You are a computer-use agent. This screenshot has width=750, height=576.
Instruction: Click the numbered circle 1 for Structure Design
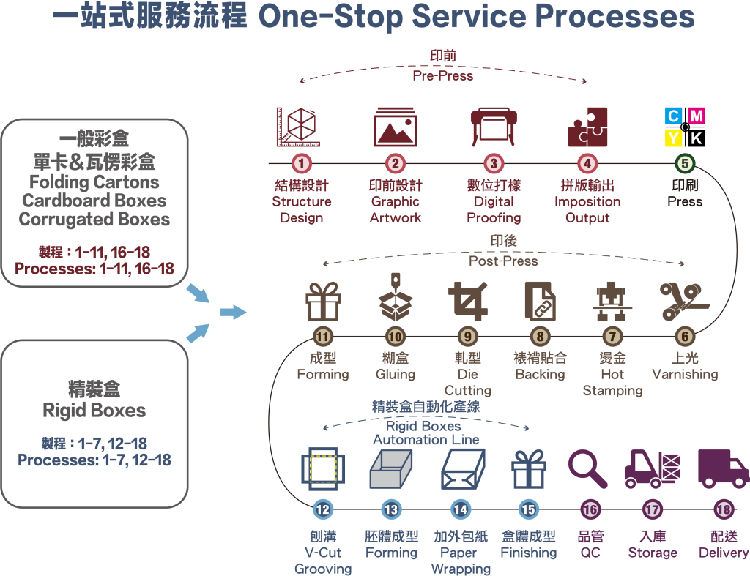click(x=302, y=164)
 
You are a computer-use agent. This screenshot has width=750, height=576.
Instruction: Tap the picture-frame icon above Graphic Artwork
click(x=396, y=127)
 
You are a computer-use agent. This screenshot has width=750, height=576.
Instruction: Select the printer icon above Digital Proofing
click(x=494, y=127)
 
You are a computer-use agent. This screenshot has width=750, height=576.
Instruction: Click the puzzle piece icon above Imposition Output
click(x=587, y=127)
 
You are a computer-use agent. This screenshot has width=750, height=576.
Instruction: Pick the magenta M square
click(x=697, y=116)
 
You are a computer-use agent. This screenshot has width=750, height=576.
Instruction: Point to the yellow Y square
click(x=674, y=138)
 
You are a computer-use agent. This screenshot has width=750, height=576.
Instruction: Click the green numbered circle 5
click(x=685, y=164)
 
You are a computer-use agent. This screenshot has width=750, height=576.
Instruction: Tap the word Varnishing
click(x=685, y=375)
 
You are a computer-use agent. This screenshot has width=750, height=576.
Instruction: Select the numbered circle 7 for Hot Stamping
click(x=612, y=337)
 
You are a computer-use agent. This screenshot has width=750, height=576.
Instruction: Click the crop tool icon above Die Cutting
click(x=468, y=302)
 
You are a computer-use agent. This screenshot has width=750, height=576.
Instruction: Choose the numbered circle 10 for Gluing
click(x=395, y=337)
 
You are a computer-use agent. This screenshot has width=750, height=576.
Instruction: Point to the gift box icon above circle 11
click(x=322, y=302)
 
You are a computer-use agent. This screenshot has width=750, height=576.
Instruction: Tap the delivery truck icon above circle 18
click(x=723, y=468)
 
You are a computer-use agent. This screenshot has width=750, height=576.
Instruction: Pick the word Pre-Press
click(x=443, y=75)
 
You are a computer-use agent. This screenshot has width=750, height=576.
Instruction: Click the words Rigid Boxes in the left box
click(x=94, y=411)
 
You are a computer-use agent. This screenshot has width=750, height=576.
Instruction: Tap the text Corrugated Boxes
click(x=94, y=220)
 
